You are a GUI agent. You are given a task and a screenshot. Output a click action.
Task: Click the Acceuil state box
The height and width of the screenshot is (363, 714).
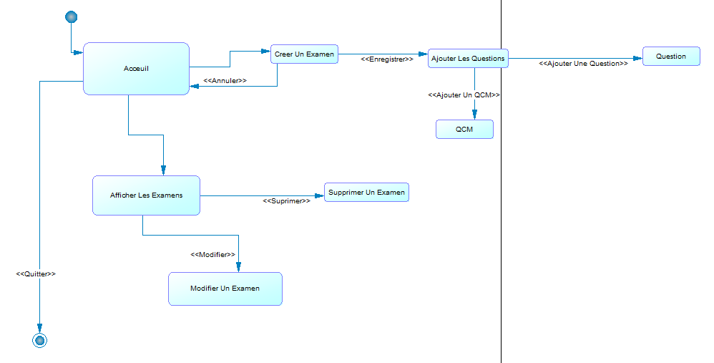click(x=136, y=69)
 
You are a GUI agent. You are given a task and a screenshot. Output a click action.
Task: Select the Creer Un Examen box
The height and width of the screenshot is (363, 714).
click(x=304, y=54)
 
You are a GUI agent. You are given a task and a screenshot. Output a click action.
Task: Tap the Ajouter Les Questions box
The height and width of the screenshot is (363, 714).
click(x=468, y=59)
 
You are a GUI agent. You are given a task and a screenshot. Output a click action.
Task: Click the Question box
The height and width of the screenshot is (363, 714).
click(x=670, y=57)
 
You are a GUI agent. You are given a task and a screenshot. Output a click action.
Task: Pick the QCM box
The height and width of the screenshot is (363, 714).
click(x=464, y=129)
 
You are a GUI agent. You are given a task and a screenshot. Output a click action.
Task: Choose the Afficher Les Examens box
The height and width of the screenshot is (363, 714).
click(x=146, y=195)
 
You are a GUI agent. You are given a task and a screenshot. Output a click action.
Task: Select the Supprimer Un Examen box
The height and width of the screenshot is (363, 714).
click(x=366, y=192)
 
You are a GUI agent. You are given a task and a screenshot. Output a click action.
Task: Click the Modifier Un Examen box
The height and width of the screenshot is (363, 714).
click(x=225, y=289)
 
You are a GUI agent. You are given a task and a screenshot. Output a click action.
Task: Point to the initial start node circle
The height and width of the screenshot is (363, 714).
click(x=71, y=17)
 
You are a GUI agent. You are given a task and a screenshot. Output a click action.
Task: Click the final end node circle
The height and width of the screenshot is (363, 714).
click(x=40, y=341)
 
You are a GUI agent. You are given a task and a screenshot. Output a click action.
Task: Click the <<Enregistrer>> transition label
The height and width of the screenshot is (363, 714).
click(x=386, y=60)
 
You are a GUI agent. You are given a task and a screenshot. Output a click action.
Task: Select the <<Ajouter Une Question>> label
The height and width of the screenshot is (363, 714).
click(x=583, y=64)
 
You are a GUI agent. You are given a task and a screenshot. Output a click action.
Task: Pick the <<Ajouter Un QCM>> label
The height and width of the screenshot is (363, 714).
click(x=464, y=95)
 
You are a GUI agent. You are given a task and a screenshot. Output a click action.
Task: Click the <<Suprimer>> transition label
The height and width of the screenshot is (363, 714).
click(x=286, y=201)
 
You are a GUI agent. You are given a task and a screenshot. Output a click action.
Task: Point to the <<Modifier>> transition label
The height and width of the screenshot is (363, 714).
click(x=212, y=255)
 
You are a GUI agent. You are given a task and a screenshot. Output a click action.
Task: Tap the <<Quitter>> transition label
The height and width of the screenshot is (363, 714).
click(x=36, y=274)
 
